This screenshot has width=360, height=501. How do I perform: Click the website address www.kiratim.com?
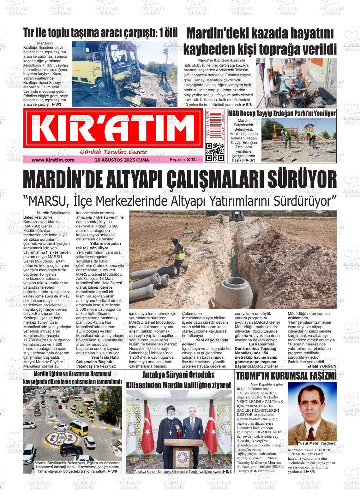[x=53, y=160]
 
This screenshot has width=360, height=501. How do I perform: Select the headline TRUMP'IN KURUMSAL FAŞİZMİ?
[x=286, y=376]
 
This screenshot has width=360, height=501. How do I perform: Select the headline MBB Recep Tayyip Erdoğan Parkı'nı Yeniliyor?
[x=282, y=114]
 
